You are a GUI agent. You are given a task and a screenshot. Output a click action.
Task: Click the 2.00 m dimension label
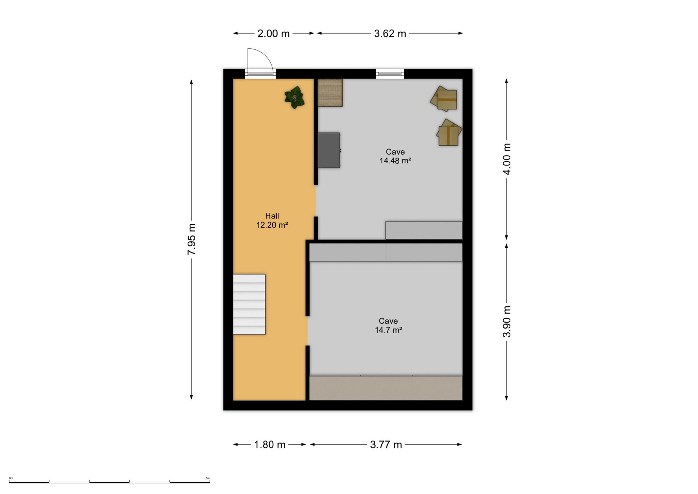[x=273, y=34]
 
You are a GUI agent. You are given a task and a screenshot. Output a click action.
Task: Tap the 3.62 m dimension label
[x=390, y=34]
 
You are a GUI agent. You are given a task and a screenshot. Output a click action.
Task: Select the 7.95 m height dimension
[x=191, y=239]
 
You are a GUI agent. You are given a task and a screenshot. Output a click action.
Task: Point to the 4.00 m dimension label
[x=507, y=159]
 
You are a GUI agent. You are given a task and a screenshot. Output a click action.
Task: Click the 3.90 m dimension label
[x=507, y=321]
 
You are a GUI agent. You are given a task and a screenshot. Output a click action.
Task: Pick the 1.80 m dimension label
[x=270, y=445]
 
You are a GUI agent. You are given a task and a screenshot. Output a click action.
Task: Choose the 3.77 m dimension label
[x=386, y=445]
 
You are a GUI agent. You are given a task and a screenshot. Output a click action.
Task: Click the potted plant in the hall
[x=295, y=97]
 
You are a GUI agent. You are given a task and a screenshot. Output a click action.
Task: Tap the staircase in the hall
[x=249, y=304]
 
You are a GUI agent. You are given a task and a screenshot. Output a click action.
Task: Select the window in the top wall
[x=390, y=74]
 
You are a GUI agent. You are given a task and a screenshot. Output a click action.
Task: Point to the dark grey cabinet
[x=329, y=150]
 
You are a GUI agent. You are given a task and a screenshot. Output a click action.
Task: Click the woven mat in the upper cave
[x=330, y=93]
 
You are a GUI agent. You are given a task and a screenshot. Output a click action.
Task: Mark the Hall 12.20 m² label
[x=272, y=221]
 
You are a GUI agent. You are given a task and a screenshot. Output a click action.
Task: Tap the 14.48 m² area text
[x=395, y=161]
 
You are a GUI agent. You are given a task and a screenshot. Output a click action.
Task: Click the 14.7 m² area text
[x=388, y=330]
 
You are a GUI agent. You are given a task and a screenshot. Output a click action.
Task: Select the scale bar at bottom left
[x=109, y=482]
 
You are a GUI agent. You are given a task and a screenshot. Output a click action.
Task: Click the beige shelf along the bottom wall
[x=386, y=388]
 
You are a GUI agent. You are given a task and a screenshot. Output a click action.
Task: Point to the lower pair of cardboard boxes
[x=449, y=133]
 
